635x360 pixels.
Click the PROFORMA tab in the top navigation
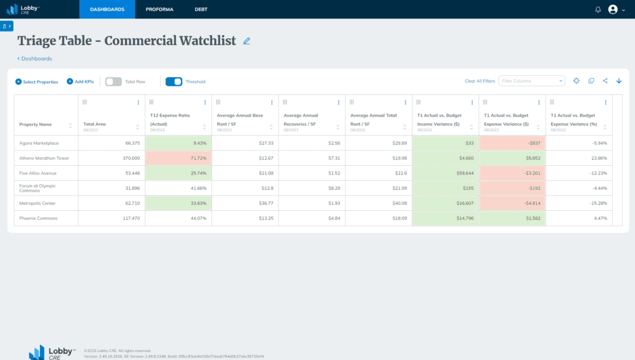click(x=159, y=9)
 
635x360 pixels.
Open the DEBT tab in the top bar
click(x=201, y=9)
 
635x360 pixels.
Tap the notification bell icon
click(x=597, y=9)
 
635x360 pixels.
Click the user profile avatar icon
click(x=612, y=9)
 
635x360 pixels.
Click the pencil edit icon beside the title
click(x=247, y=41)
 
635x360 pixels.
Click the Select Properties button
click(x=37, y=81)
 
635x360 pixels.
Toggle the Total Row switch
click(x=113, y=81)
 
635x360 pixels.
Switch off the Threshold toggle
click(x=174, y=81)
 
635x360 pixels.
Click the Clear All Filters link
click(x=480, y=81)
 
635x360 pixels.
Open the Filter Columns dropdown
click(x=532, y=81)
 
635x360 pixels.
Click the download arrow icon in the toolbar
click(x=619, y=81)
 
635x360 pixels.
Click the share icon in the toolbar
click(x=605, y=81)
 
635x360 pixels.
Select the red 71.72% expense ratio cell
click(x=178, y=158)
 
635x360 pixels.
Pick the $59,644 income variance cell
click(x=445, y=173)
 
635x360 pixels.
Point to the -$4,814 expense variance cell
click(x=512, y=203)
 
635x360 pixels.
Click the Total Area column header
click(x=95, y=124)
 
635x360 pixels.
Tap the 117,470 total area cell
click(x=112, y=218)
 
